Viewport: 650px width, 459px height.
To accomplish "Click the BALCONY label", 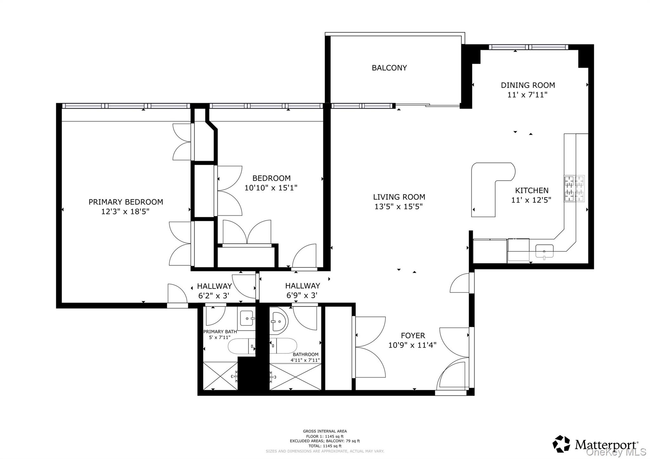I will click(x=389, y=68).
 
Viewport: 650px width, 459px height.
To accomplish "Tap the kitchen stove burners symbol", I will click(x=574, y=188).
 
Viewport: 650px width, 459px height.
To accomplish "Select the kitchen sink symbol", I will click(x=544, y=251).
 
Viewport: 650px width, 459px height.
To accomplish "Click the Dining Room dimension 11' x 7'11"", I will click(x=527, y=95).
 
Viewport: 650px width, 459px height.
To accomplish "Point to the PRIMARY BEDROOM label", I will click(x=126, y=202).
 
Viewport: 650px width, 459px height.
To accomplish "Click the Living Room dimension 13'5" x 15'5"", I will click(x=399, y=207).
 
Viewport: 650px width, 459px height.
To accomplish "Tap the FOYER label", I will click(x=413, y=336).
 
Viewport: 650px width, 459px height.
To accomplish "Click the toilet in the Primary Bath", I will click(x=241, y=346).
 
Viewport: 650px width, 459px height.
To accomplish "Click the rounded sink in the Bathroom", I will click(x=278, y=321).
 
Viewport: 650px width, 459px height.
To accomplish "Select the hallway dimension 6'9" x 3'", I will click(x=302, y=296).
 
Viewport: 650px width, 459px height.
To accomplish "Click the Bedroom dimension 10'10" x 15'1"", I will click(x=271, y=188).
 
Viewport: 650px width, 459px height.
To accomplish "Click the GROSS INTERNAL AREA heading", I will click(x=325, y=431).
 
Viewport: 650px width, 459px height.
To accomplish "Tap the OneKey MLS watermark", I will click(x=616, y=452).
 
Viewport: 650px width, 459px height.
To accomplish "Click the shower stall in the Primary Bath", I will click(x=220, y=376).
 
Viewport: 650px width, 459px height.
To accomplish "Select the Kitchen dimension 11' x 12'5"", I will click(x=531, y=200).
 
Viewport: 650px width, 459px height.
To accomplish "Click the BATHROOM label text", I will click(x=305, y=355).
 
